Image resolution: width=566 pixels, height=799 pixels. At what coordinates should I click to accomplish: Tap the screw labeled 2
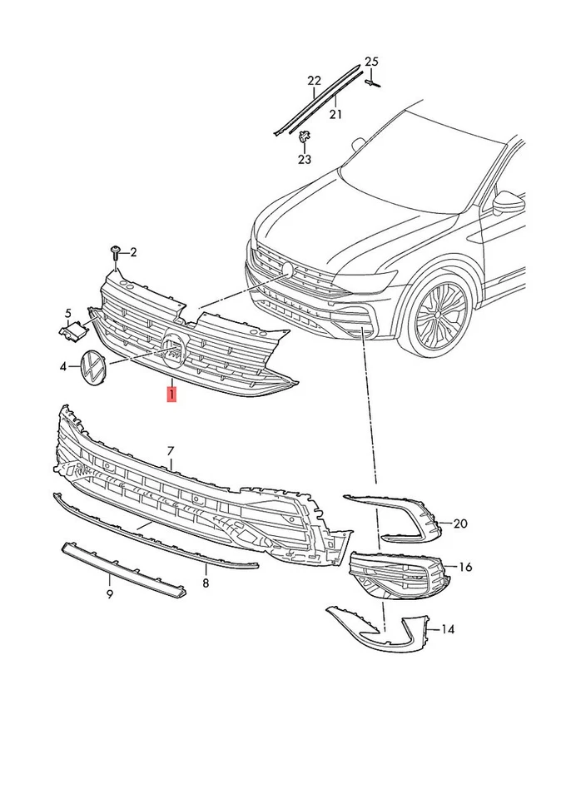coord(116,251)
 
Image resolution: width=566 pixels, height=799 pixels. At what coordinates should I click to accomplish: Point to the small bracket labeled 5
coord(75,329)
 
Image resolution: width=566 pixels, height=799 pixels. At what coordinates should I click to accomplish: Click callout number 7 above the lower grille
coord(171,450)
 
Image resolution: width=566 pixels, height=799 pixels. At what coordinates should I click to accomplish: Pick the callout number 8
coord(206,583)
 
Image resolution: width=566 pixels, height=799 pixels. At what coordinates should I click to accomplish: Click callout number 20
coord(459,524)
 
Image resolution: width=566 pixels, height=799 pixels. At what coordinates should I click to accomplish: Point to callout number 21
coord(335,114)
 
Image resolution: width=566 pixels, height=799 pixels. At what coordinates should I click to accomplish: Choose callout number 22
coord(314,81)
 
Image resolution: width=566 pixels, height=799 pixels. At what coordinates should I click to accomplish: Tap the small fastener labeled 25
coord(372,81)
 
